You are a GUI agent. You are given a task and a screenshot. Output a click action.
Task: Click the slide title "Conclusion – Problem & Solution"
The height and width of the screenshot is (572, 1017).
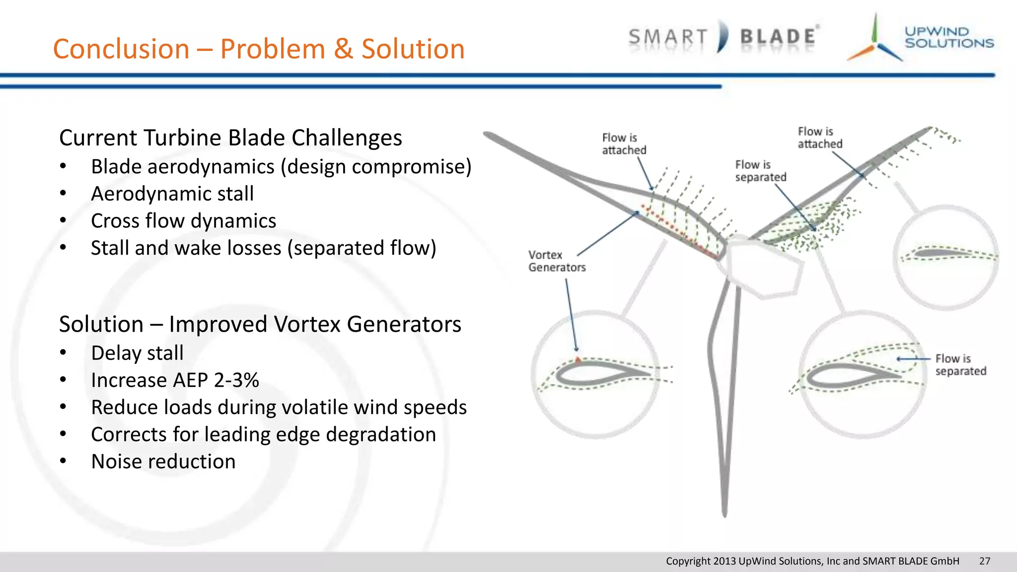tap(258, 49)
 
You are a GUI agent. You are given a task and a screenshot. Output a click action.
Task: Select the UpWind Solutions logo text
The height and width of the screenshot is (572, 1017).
tap(948, 38)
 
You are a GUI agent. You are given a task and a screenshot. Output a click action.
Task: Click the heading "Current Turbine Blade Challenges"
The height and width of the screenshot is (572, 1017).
tap(230, 138)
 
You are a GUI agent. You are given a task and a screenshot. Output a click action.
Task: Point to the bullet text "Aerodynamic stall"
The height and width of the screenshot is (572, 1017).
tap(172, 194)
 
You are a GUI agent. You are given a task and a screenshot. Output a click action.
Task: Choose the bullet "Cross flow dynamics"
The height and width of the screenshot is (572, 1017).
tap(183, 221)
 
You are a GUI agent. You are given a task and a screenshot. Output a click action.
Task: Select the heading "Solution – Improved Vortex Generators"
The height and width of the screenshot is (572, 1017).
tap(260, 324)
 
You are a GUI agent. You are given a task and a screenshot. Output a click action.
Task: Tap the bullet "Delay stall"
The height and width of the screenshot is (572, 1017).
tap(137, 353)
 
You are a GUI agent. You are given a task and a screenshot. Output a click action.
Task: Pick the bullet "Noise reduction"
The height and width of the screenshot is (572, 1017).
tap(163, 462)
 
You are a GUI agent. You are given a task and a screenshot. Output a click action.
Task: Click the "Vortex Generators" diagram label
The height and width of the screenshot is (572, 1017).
tap(556, 261)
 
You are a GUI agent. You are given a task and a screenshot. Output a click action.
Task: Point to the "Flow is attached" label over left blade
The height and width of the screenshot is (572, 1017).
tap(624, 144)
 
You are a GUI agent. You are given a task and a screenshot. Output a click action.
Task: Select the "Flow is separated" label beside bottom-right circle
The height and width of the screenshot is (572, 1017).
tap(960, 365)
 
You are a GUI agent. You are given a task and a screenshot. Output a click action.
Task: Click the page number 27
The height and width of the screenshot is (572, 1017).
tap(984, 561)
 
